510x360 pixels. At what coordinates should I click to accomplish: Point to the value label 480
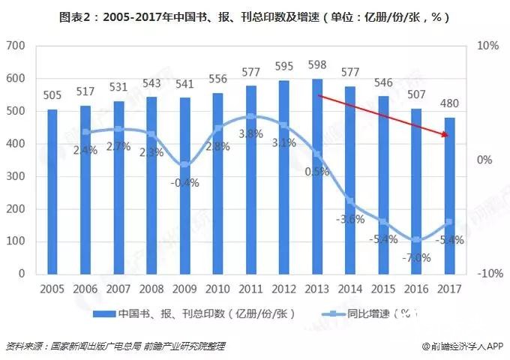click(x=449, y=103)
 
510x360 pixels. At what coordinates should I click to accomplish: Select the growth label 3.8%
click(x=250, y=134)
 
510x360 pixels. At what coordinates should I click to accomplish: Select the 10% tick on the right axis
click(x=487, y=46)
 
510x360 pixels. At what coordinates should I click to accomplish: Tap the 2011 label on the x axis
click(x=250, y=289)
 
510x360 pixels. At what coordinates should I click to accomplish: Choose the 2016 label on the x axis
click(x=415, y=289)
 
